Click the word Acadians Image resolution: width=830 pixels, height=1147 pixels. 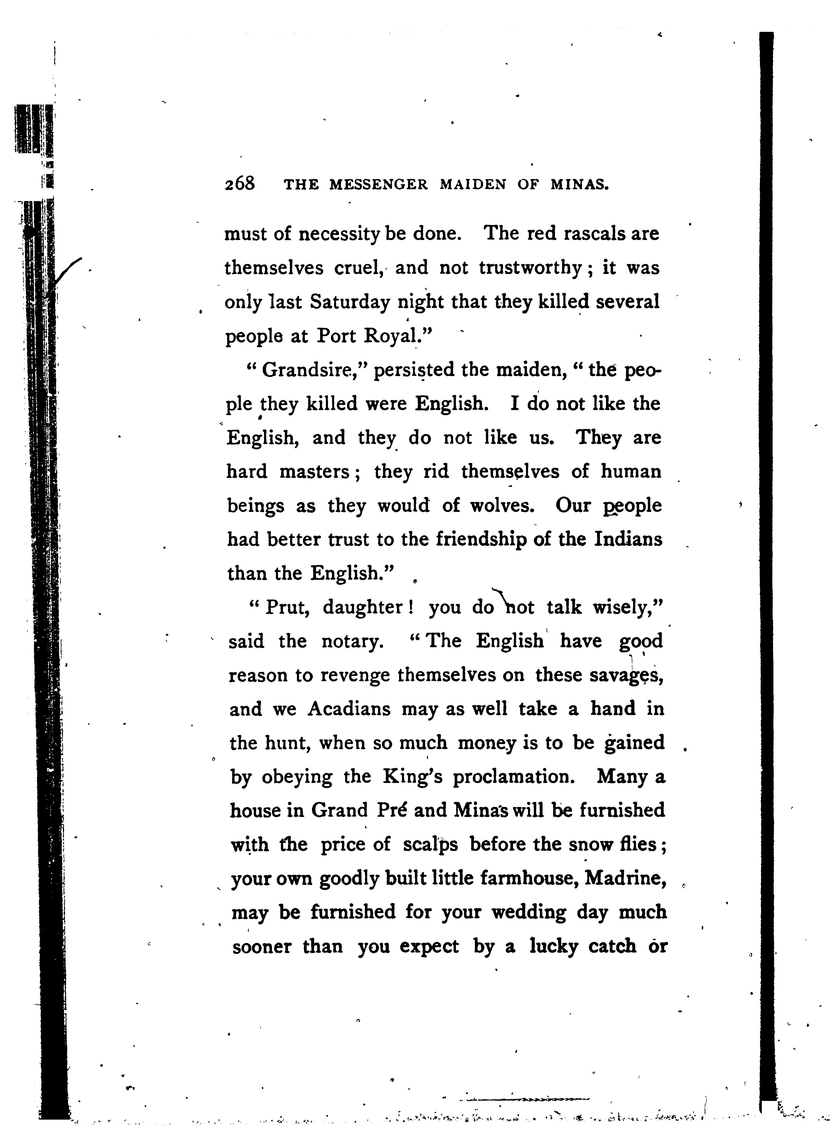pyautogui.click(x=349, y=709)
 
